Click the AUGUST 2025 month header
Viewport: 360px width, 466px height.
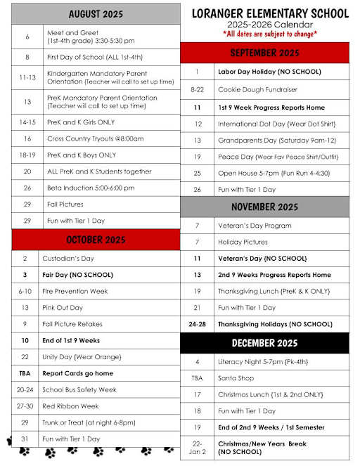click(96, 14)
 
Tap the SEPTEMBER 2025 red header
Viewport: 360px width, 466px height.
click(264, 53)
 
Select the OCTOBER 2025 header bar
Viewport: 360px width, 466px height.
click(96, 239)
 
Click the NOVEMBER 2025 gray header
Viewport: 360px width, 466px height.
click(264, 207)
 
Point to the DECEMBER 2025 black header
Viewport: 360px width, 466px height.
click(264, 343)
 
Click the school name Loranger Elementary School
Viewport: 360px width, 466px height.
click(270, 13)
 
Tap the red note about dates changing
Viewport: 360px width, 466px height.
click(270, 34)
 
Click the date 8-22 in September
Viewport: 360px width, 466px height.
click(198, 90)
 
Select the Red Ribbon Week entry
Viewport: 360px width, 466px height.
click(71, 406)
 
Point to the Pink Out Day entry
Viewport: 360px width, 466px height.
click(63, 307)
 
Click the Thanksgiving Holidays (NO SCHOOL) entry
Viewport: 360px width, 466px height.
click(275, 324)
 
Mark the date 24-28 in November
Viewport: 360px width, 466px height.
click(198, 324)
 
